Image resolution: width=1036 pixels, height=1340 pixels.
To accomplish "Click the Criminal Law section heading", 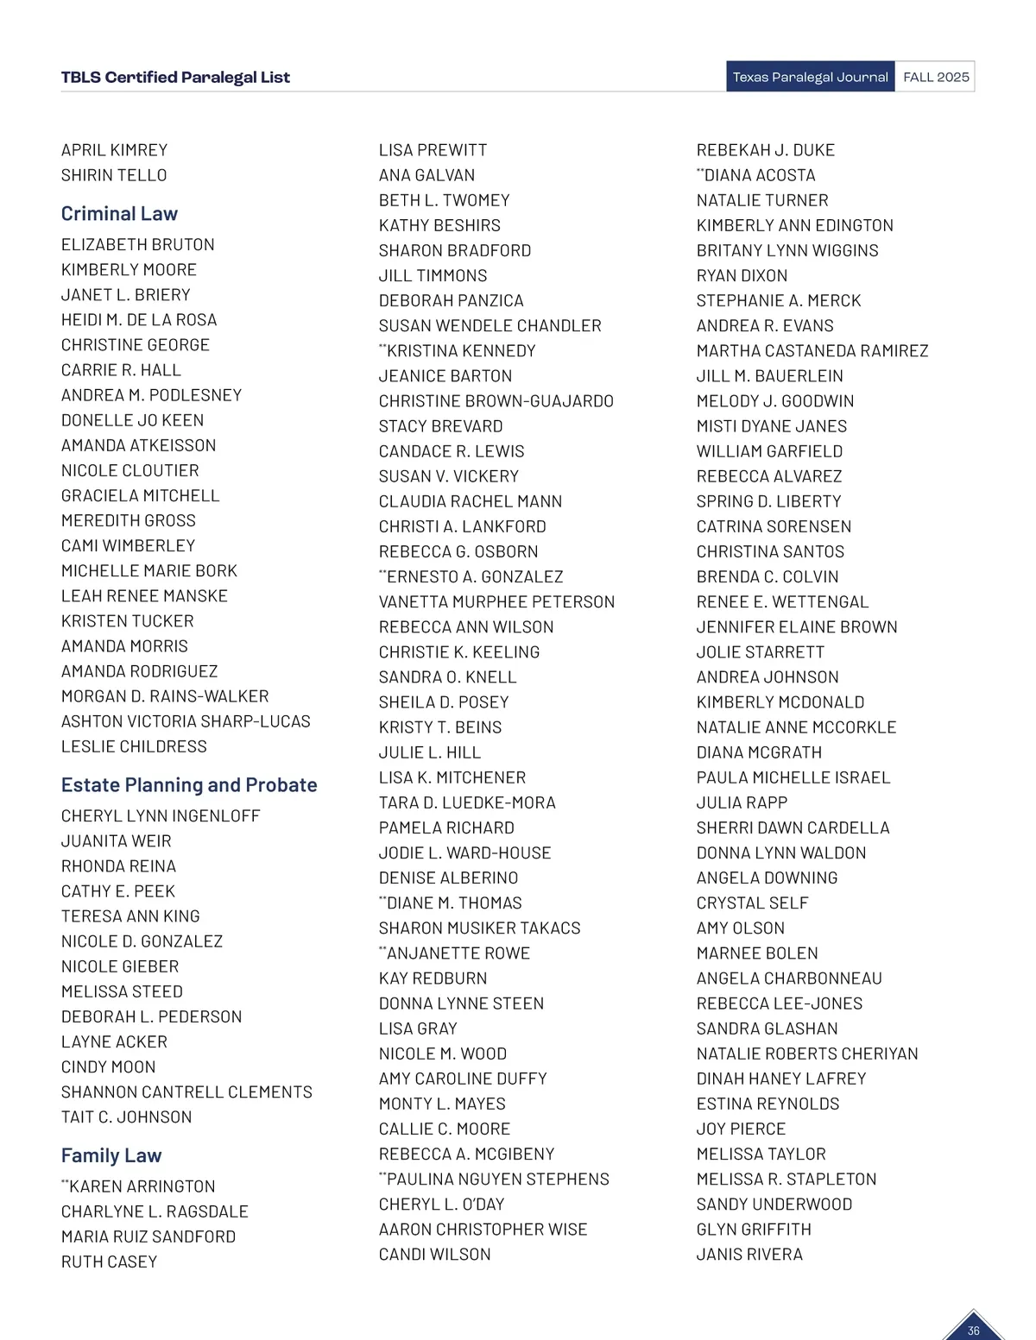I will pyautogui.click(x=119, y=214).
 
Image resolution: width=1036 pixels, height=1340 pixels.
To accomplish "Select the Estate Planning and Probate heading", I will pyautogui.click(x=189, y=785).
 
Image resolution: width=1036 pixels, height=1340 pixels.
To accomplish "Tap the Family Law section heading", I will pyautogui.click(x=111, y=1156).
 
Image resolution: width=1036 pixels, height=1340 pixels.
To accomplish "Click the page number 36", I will pyautogui.click(x=973, y=1331).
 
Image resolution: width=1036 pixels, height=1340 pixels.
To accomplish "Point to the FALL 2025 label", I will pyautogui.click(x=936, y=77).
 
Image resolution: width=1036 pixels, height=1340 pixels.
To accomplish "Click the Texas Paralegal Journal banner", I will pyautogui.click(x=810, y=77).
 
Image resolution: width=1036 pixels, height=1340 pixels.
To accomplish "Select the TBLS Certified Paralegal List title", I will pyautogui.click(x=175, y=78).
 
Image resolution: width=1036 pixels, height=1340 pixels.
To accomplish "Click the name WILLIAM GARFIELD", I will pyautogui.click(x=769, y=451).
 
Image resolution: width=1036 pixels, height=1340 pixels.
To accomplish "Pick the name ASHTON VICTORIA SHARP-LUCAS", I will pyautogui.click(x=186, y=721).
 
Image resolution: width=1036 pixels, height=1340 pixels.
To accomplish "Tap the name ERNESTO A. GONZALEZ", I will pyautogui.click(x=474, y=577).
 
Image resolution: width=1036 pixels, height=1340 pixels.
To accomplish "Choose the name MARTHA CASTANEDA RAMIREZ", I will pyautogui.click(x=812, y=351).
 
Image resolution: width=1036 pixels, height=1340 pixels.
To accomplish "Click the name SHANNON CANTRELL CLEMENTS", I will pyautogui.click(x=186, y=1092).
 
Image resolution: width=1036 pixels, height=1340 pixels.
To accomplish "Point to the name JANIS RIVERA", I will pyautogui.click(x=749, y=1255).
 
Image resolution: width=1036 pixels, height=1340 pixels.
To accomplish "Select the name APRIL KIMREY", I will pyautogui.click(x=114, y=150).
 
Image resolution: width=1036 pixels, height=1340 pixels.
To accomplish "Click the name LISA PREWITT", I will pyautogui.click(x=433, y=150).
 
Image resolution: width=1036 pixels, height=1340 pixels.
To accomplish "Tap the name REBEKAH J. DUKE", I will pyautogui.click(x=766, y=150).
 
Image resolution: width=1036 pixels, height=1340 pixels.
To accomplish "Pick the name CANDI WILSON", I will pyautogui.click(x=434, y=1255).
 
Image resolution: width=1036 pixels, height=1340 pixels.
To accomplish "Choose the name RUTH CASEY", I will pyautogui.click(x=109, y=1262).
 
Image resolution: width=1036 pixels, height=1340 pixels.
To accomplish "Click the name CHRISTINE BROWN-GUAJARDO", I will pyautogui.click(x=496, y=401).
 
